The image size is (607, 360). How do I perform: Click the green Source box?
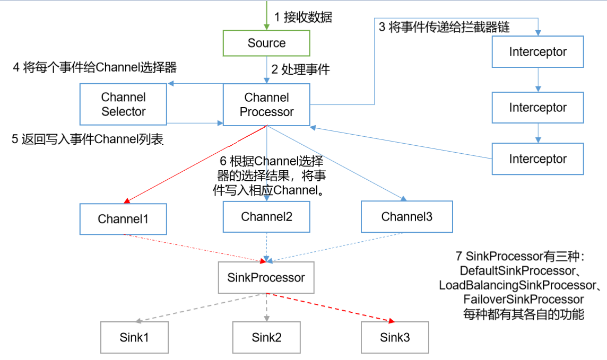pos(266,43)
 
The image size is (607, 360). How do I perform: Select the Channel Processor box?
pos(266,104)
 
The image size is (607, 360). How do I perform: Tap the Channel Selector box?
pos(123,104)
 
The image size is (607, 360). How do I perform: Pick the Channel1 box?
pos(123,219)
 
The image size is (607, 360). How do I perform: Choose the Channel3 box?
pos(406,217)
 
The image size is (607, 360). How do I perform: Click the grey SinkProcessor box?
pos(266,277)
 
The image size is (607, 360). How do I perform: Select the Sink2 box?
pos(266,338)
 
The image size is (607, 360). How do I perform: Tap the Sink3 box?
pos(395,338)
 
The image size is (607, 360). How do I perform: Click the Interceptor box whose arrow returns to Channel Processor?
pos(537,159)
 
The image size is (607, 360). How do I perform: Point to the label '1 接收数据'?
pos(303,17)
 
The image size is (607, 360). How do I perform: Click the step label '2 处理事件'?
pos(300,69)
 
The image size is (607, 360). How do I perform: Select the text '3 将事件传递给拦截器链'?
pos(444,28)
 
